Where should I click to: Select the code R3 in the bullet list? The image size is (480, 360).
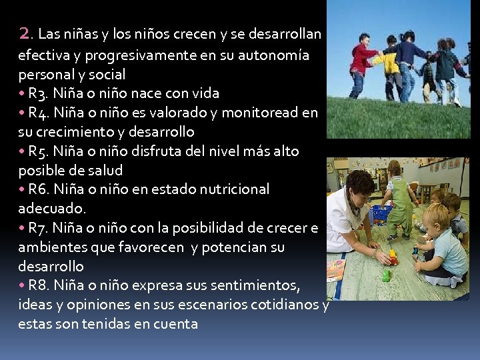(x=39, y=93)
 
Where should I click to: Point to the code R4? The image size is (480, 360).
(x=39, y=113)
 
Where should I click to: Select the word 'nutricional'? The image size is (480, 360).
(x=233, y=189)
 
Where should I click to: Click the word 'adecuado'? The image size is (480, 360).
(x=51, y=209)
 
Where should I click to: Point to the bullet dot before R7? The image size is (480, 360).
(x=22, y=228)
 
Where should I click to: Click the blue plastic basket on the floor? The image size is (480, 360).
(x=382, y=214)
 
